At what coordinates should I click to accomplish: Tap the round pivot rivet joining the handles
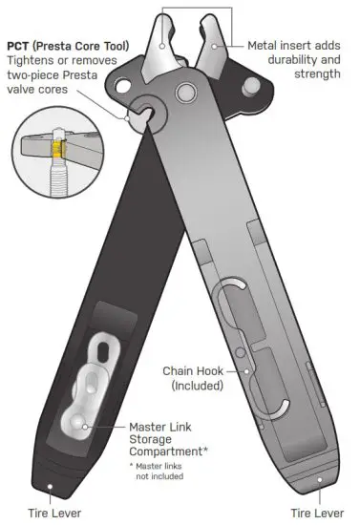pyautogui.click(x=182, y=94)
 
